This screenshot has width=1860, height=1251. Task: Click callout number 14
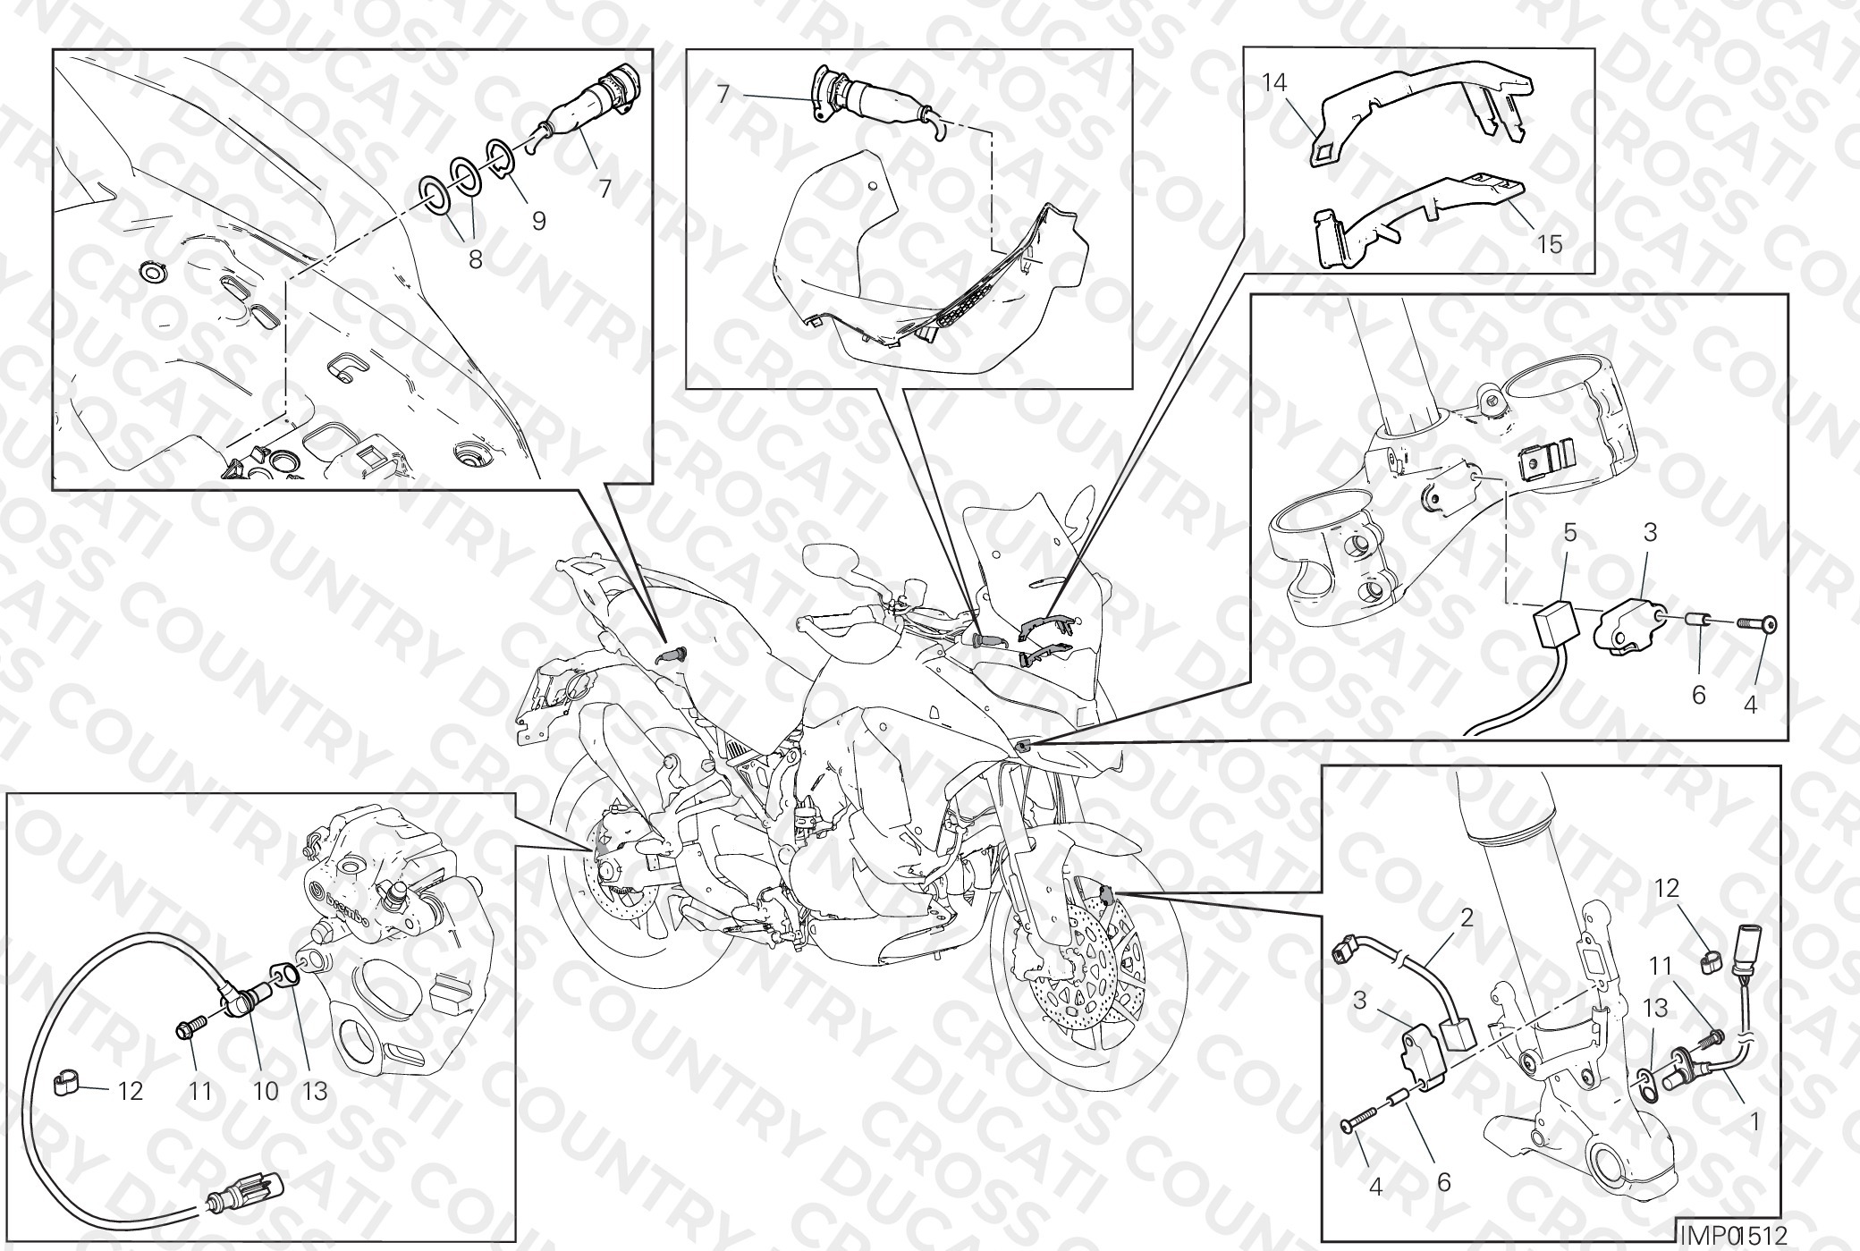(x=1274, y=84)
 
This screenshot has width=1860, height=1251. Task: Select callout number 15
(x=1550, y=242)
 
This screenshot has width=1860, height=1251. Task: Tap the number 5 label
(x=1570, y=534)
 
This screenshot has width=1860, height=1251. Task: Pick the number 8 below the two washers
(x=475, y=259)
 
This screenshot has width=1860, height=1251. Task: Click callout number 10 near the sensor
(x=266, y=1091)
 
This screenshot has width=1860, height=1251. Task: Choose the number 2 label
(x=1467, y=918)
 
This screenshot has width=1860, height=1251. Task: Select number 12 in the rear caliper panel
(x=130, y=1091)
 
